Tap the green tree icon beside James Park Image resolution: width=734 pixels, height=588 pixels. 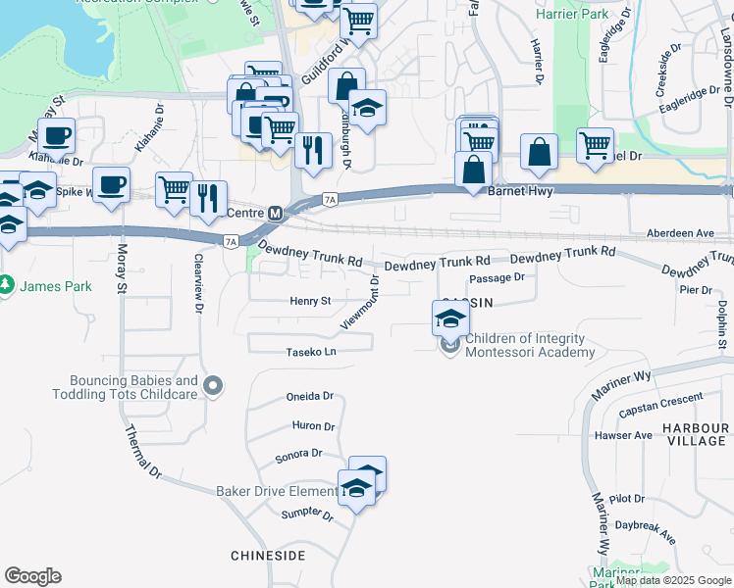pyautogui.click(x=8, y=285)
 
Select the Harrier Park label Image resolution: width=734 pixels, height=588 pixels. pyautogui.click(x=573, y=15)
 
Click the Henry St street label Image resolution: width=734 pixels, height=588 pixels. pyautogui.click(x=311, y=301)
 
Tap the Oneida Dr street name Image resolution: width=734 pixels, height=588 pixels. pyautogui.click(x=310, y=397)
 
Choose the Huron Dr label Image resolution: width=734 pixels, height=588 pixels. pyautogui.click(x=313, y=426)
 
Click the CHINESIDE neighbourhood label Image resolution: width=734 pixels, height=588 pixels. pyautogui.click(x=270, y=556)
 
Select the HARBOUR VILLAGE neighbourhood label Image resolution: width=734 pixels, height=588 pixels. pyautogui.click(x=695, y=435)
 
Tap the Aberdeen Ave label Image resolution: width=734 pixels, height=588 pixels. pyautogui.click(x=680, y=233)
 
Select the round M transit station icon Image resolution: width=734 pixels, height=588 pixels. pyautogui.click(x=276, y=213)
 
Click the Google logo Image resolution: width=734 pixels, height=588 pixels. pyautogui.click(x=32, y=576)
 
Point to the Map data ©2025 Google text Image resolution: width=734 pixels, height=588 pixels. pyautogui.click(x=673, y=580)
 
